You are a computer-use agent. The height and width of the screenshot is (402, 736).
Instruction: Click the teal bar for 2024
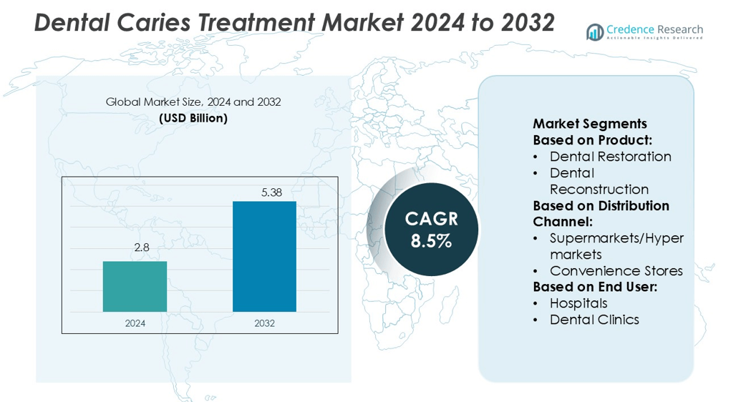[x=135, y=286]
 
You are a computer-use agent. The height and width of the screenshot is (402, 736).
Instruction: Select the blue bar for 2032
[x=264, y=256]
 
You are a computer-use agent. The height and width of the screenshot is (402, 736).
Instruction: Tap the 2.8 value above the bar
[x=141, y=247]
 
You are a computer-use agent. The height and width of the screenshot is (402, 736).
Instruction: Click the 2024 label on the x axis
[x=135, y=323]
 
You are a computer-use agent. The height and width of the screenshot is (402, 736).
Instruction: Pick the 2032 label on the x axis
[x=264, y=323]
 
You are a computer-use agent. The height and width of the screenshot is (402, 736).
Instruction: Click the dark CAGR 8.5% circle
[x=431, y=230]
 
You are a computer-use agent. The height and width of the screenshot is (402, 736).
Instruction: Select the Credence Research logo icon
[x=594, y=31]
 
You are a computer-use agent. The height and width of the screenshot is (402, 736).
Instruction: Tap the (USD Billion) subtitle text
[x=193, y=118]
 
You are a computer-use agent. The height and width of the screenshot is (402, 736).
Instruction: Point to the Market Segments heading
[x=589, y=124]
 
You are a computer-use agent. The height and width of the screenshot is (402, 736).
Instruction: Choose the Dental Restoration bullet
[x=610, y=156]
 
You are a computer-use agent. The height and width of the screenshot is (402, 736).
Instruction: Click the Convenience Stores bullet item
[x=616, y=270]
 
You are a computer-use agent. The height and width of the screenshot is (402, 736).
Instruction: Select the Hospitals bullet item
[x=578, y=303]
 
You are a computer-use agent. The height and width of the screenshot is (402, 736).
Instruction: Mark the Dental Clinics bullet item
[x=594, y=320]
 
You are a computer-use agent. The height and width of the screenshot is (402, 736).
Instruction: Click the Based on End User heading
[x=595, y=287]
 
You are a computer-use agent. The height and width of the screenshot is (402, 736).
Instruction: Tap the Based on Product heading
[x=592, y=140]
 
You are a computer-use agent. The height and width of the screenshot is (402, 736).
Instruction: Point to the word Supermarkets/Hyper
[x=616, y=238]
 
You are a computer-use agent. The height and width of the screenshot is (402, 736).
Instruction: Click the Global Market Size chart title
[x=193, y=102]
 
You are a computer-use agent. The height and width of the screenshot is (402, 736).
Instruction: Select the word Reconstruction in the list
[x=599, y=189]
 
